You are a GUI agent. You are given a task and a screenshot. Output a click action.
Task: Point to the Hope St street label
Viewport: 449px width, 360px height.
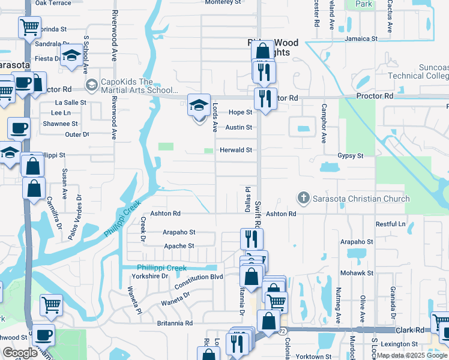(x=240, y=112)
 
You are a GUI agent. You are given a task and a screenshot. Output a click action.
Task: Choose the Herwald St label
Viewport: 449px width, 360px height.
(x=235, y=150)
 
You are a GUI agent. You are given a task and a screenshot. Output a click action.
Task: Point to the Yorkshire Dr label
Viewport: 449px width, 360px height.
(x=150, y=276)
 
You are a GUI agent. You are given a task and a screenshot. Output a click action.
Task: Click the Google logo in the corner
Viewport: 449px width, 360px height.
(x=19, y=353)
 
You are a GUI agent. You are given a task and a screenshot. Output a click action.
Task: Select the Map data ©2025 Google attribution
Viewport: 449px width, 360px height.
(x=411, y=356)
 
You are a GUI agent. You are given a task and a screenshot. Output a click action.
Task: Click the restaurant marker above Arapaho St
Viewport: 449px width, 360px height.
(x=251, y=238)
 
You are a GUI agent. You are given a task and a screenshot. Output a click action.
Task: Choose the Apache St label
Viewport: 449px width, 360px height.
(x=179, y=246)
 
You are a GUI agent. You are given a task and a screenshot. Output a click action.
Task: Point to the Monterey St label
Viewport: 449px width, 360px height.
(x=223, y=2)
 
